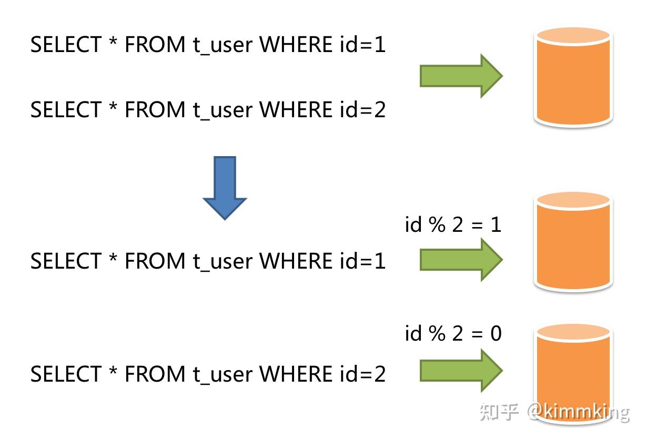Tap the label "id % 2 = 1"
pos(452,224)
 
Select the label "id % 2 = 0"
pos(452,333)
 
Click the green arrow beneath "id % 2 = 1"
pos(460,259)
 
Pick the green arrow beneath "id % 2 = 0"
pos(460,370)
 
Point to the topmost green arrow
pos(460,76)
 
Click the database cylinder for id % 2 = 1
pos(573,242)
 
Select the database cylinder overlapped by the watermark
pos(573,373)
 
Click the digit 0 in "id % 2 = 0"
pos(495,333)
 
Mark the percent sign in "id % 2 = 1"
pos(436,224)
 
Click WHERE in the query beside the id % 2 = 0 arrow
pos(296,374)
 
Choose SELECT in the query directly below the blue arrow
pos(65,261)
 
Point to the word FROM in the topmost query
pos(155,45)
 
